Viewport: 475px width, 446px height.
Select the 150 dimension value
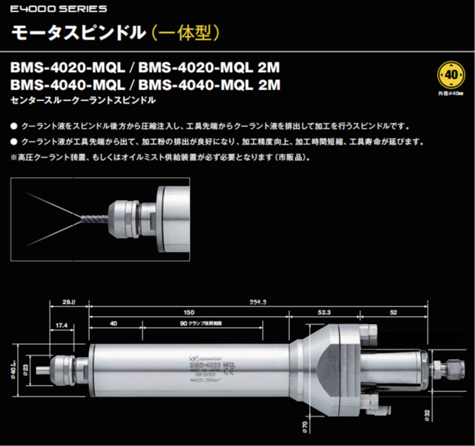tap(188, 312)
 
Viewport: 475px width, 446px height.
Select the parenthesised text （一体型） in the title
tap(186, 32)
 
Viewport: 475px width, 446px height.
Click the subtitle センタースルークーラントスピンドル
tap(83, 101)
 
